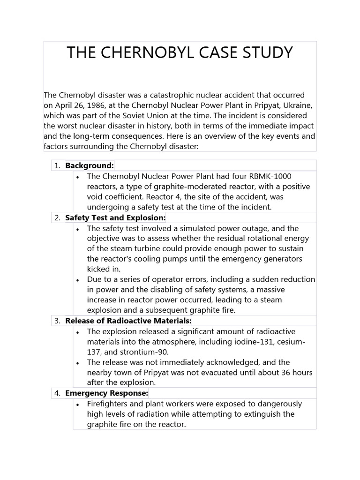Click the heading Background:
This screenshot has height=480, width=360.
tap(90, 165)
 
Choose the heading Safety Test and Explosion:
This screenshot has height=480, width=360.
tap(115, 217)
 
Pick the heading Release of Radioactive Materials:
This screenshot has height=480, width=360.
tap(128, 321)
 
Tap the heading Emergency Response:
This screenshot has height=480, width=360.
tap(107, 393)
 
